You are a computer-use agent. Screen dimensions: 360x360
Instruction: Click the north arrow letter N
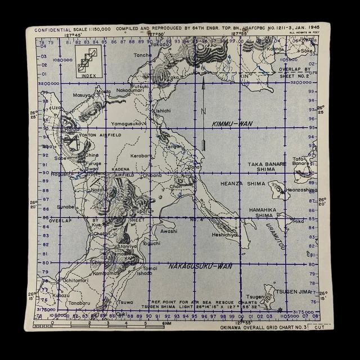tap(204, 110)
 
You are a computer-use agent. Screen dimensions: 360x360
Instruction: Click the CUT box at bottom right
tap(319, 327)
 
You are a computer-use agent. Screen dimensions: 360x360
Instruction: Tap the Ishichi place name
tap(163, 111)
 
